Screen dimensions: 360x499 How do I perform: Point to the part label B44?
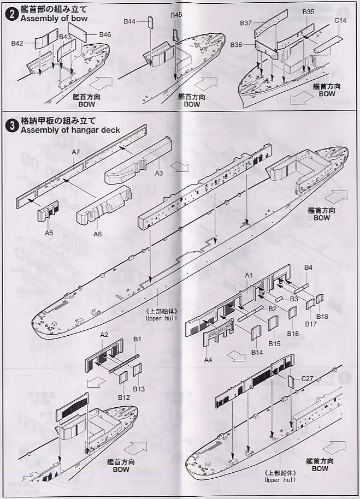pyautogui.click(x=129, y=21)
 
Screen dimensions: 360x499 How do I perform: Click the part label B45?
pyautogui.click(x=176, y=15)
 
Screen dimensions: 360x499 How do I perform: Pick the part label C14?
pyautogui.click(x=340, y=21)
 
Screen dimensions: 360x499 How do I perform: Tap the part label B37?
pyautogui.click(x=245, y=23)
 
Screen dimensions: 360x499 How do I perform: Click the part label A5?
pyautogui.click(x=49, y=233)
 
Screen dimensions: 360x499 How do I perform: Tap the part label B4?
pyautogui.click(x=309, y=268)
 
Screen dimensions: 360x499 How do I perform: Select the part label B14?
pyautogui.click(x=258, y=352)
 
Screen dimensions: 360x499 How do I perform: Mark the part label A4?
pyautogui.click(x=208, y=360)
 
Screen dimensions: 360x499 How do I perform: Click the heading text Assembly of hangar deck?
pyautogui.click(x=70, y=130)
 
